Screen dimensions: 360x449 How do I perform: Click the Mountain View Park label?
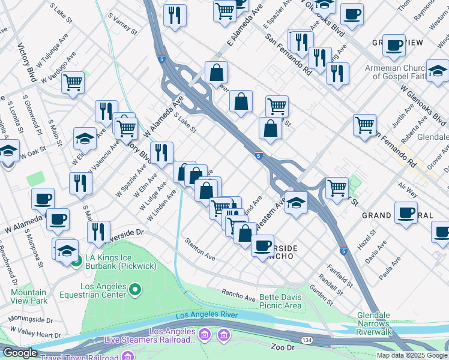[x=29, y=296]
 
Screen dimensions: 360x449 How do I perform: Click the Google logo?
[x=19, y=353]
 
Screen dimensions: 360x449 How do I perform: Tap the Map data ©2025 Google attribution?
[x=412, y=355]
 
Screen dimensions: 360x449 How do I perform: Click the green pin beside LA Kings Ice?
[x=76, y=261]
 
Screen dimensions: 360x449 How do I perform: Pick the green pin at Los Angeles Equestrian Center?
[x=135, y=290]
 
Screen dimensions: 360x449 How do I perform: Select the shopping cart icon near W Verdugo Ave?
[x=73, y=83]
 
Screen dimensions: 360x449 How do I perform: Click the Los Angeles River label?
[x=206, y=316]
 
